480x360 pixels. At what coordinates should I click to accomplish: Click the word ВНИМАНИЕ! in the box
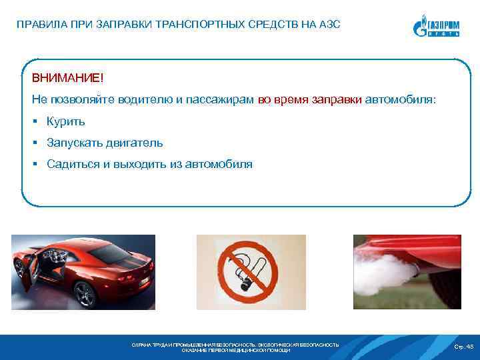tap(67, 79)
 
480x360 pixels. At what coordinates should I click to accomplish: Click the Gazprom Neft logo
tap(435, 26)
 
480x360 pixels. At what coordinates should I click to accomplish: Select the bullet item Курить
tap(65, 121)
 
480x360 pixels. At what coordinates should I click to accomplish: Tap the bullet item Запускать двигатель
tap(104, 143)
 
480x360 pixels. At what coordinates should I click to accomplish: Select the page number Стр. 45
tap(463, 346)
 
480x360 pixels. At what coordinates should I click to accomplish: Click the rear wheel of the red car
tap(85, 293)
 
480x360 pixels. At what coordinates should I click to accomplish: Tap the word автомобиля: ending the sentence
tap(400, 99)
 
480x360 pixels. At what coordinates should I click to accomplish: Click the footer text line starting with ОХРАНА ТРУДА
tap(236, 344)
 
